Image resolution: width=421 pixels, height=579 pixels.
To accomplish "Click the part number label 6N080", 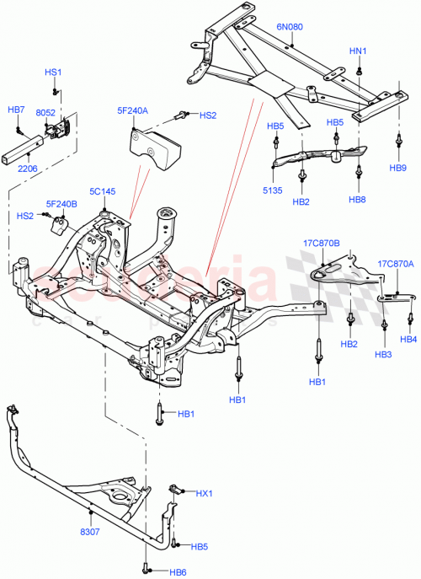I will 290,27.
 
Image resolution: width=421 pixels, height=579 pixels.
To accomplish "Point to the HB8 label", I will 358,200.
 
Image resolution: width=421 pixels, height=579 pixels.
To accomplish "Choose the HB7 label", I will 17,110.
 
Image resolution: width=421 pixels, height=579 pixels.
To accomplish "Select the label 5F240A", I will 132,110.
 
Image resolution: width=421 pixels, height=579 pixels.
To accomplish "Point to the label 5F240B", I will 61,203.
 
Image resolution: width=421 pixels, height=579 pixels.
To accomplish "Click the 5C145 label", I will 104,191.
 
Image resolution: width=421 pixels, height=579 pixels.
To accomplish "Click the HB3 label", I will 384,354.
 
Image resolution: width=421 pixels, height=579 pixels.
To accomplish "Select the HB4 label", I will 408,340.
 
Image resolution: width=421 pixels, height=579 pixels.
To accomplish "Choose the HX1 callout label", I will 205,493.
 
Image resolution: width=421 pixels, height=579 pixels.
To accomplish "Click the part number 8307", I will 91,533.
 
